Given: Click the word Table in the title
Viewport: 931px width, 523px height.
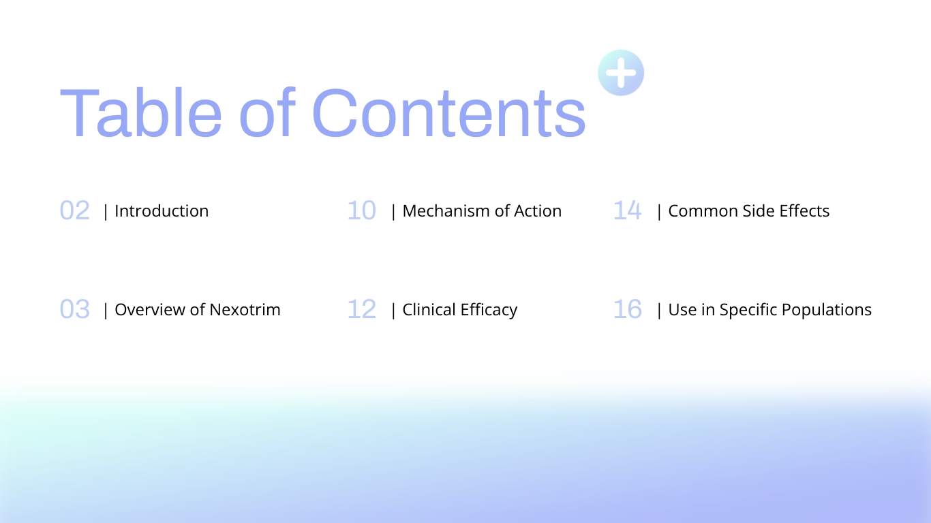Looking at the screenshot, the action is pos(141,112).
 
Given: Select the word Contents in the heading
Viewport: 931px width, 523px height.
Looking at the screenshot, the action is pos(449,112).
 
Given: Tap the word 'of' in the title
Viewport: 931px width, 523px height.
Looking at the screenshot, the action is pos(267,112).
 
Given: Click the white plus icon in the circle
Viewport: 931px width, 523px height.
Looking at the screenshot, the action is pos(621,73).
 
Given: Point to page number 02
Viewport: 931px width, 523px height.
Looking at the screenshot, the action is pos(75,210).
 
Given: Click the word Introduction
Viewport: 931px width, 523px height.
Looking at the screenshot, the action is pos(162,211).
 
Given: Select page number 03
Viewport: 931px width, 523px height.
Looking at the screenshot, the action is pos(75,309).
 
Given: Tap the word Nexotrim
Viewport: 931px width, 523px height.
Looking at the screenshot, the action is pos(245,310).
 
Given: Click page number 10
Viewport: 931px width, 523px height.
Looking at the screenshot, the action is pos(362,210).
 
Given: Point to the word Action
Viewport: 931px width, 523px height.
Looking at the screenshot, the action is pos(538,211).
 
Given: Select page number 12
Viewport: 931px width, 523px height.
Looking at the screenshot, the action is pos(362,309).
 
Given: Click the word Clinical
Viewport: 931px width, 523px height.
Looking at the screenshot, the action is pos(429,310).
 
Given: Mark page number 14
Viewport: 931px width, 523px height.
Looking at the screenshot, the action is pos(628,210).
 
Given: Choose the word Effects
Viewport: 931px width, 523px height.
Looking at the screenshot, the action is pos(804,211).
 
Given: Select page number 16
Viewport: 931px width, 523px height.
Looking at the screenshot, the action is pos(628,309).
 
